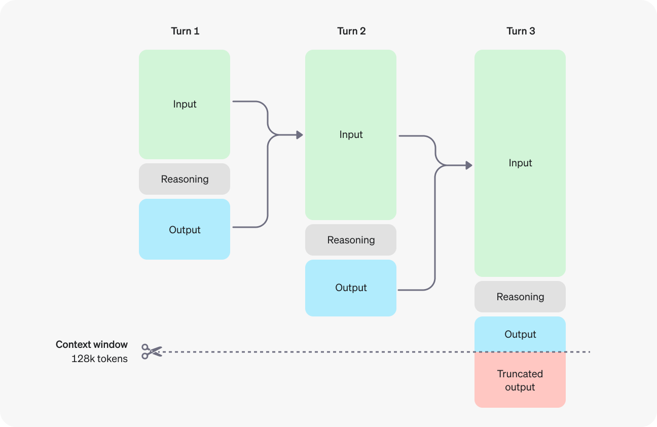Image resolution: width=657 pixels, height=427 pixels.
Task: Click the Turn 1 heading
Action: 185,31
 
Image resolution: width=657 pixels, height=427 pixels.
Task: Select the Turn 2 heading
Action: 351,31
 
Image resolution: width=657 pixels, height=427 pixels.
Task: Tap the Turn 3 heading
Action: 521,31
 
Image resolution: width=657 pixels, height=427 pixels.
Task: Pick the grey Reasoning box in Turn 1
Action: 185,179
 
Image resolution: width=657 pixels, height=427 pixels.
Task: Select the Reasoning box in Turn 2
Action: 351,240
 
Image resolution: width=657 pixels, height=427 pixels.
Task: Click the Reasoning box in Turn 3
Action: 520,297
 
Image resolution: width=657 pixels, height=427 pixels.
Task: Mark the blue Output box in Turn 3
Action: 520,334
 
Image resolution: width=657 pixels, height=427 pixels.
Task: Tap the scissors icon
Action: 152,351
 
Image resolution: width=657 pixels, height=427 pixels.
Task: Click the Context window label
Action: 92,344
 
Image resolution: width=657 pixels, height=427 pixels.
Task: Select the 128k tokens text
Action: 99,359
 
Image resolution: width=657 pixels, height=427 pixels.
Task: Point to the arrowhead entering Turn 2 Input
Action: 300,135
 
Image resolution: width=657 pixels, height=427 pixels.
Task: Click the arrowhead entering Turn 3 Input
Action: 469,165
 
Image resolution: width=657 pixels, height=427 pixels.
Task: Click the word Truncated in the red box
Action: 520,374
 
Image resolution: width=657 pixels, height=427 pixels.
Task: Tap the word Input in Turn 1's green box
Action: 185,104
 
